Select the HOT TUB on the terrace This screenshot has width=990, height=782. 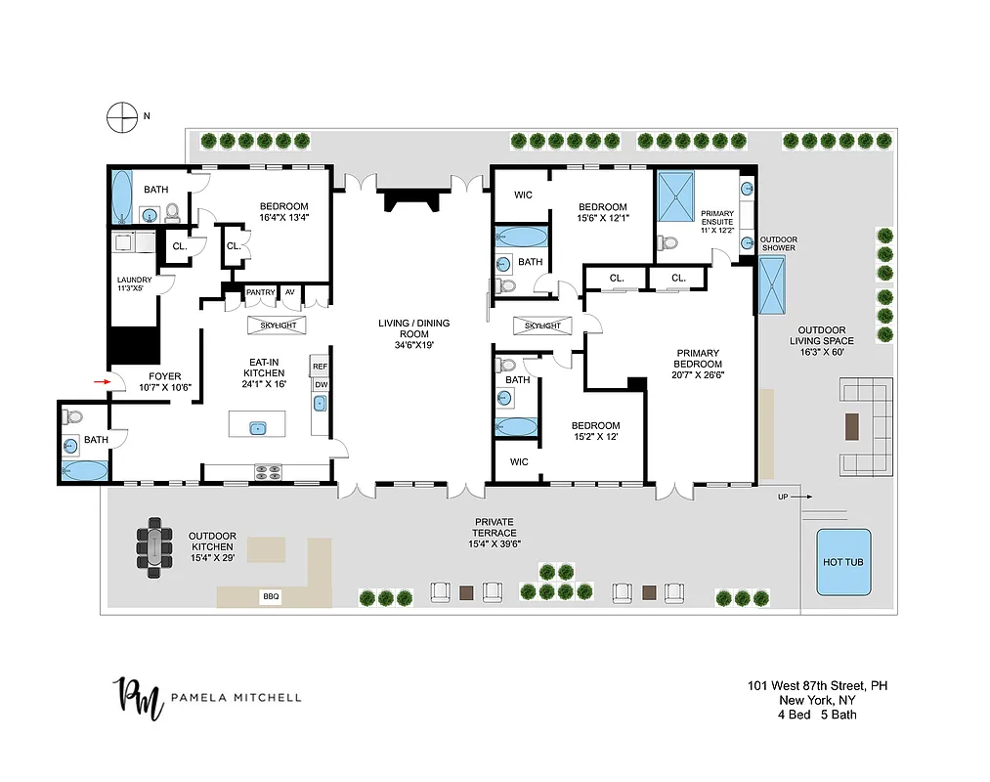841,562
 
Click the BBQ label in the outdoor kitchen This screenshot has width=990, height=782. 271,595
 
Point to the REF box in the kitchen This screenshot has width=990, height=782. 320,367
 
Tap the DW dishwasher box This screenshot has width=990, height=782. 320,384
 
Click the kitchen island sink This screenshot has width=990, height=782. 258,426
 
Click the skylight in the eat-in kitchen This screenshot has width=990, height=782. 277,325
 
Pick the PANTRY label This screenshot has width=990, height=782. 261,292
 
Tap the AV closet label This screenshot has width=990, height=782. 290,292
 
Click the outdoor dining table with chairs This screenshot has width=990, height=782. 151,547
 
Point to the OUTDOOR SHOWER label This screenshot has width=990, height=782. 779,243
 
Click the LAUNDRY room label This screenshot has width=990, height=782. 135,284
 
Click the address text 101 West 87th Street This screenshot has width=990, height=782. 811,685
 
